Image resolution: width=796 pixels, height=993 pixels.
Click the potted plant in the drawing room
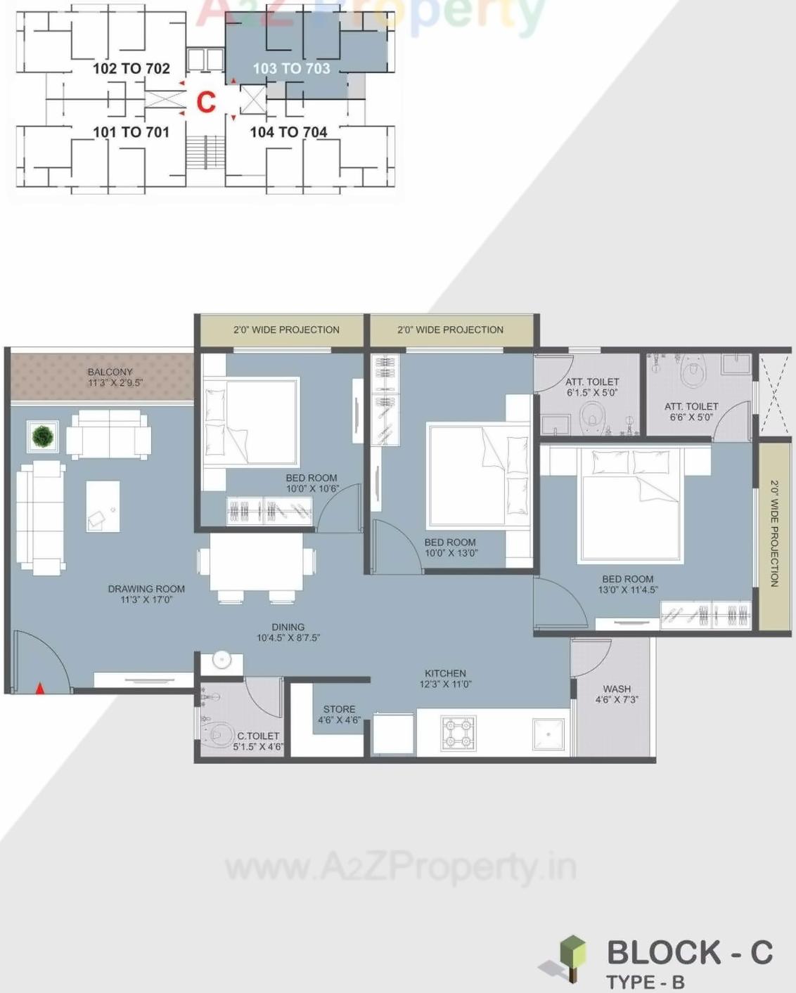43,436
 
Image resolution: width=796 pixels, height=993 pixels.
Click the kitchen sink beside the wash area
548,734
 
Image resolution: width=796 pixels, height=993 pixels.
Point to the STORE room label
339,710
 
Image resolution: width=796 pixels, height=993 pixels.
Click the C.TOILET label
258,736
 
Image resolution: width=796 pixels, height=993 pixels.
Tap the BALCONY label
110,372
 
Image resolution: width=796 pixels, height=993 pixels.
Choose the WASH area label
617,689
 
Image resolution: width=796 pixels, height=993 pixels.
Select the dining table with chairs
257,563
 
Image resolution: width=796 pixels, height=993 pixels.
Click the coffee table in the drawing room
103,506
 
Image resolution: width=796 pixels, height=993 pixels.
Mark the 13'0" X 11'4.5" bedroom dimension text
628,590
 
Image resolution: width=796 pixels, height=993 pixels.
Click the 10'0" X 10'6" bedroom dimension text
312,488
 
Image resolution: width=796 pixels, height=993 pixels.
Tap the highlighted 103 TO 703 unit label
291,68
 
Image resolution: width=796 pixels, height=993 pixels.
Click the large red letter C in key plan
205,103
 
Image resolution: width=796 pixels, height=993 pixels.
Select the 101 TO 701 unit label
131,132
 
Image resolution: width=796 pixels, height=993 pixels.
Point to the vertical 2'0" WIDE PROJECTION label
774,533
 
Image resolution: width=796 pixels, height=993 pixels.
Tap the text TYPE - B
645,982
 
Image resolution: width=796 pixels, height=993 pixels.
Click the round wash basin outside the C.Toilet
222,660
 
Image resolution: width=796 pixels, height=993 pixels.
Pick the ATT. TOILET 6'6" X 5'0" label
691,412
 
